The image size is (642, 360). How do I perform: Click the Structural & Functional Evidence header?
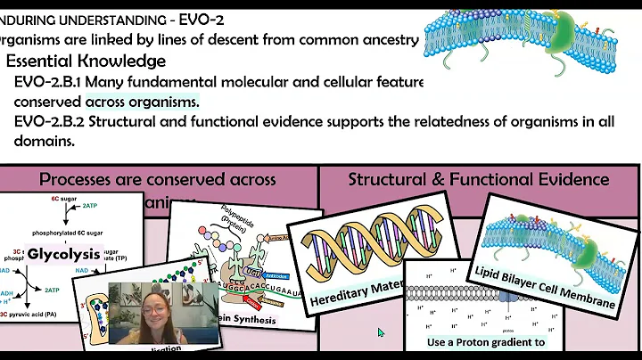(479, 179)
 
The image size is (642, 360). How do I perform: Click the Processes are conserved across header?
(158, 179)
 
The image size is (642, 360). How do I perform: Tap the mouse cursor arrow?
(381, 332)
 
